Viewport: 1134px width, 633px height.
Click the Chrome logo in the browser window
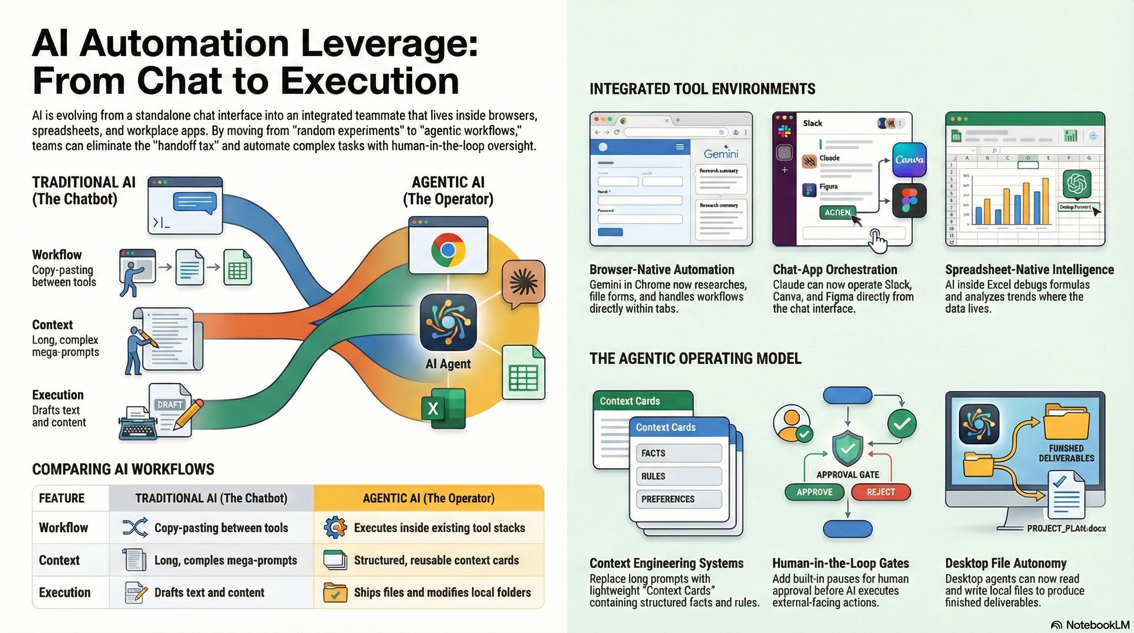pyautogui.click(x=448, y=250)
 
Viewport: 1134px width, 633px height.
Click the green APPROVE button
pyautogui.click(x=814, y=492)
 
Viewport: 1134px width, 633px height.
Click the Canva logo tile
pyautogui.click(x=909, y=159)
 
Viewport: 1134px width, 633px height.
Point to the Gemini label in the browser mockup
pyautogui.click(x=721, y=154)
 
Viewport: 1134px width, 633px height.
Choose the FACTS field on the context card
pyautogui.click(x=678, y=453)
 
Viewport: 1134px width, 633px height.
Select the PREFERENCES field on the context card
pyautogui.click(x=678, y=499)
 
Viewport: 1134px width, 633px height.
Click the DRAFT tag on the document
pyautogui.click(x=170, y=405)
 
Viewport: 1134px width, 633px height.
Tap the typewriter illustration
pyautogui.click(x=138, y=424)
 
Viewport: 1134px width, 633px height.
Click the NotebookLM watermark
pyautogui.click(x=1090, y=625)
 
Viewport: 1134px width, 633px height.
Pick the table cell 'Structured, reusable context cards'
pyautogui.click(x=436, y=560)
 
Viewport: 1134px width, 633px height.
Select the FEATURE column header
pyautogui.click(x=62, y=498)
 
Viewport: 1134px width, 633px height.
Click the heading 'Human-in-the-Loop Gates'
pyautogui.click(x=840, y=563)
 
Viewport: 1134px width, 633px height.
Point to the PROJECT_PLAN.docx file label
pyautogui.click(x=1066, y=528)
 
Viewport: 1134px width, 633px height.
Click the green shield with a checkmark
pyautogui.click(x=848, y=450)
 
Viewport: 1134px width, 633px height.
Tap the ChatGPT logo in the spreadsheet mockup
pyautogui.click(x=1077, y=183)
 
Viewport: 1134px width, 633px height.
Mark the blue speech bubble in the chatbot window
pyautogui.click(x=194, y=203)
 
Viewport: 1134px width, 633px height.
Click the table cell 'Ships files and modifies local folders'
pyautogui.click(x=442, y=592)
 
